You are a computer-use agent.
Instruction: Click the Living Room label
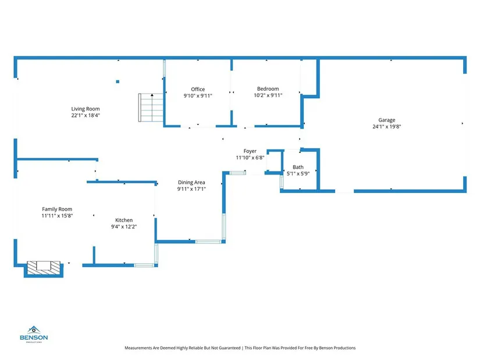pos(86,109)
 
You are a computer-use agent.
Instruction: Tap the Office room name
pos(198,89)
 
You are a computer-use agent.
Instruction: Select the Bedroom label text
pos(268,88)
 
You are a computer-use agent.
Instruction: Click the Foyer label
pos(250,151)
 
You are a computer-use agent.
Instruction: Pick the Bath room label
pos(298,167)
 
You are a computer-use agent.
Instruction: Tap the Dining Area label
pos(191,182)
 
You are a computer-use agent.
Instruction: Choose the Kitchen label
pos(124,220)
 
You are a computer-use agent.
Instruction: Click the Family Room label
pos(57,209)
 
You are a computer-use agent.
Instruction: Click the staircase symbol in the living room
pos(150,108)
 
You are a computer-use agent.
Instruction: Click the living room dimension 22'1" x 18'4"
pos(86,115)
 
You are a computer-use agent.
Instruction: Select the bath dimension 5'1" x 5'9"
pos(298,173)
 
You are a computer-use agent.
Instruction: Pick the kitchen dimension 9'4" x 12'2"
pos(124,226)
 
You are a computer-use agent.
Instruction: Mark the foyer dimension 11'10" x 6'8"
pos(250,158)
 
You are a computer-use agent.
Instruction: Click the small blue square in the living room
pos(118,82)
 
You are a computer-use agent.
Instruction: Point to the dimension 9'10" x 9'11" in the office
pos(198,95)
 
